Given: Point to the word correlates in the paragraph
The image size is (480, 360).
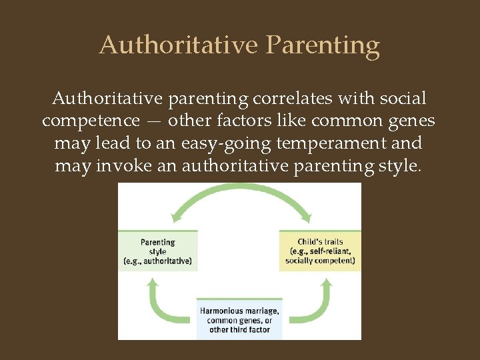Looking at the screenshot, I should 293,99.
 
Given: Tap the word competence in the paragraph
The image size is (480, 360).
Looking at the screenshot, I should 88,121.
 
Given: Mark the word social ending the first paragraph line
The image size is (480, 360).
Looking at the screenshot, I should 402,99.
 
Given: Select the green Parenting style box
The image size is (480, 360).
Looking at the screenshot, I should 158,251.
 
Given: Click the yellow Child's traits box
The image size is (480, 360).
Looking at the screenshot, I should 320,251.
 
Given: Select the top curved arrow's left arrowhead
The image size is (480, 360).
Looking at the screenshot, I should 177,215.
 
